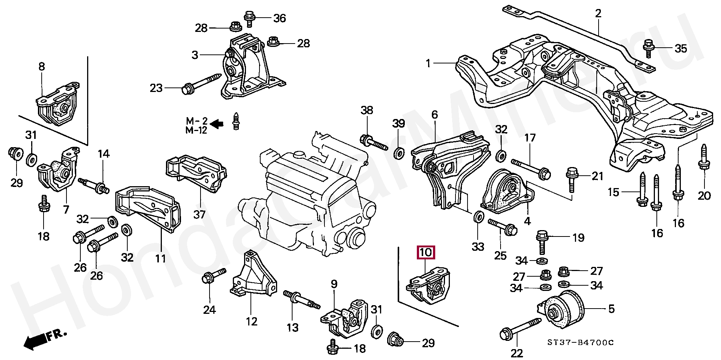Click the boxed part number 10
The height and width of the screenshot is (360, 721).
tap(426, 252)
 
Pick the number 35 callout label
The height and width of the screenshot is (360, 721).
tap(681, 48)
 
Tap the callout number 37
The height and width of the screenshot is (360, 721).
tap(200, 214)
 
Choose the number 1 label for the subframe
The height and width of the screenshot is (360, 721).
tap(428, 63)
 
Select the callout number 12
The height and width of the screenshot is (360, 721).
tap(252, 321)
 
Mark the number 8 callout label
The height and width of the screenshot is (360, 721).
tap(42, 67)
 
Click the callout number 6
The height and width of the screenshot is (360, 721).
tap(434, 114)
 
